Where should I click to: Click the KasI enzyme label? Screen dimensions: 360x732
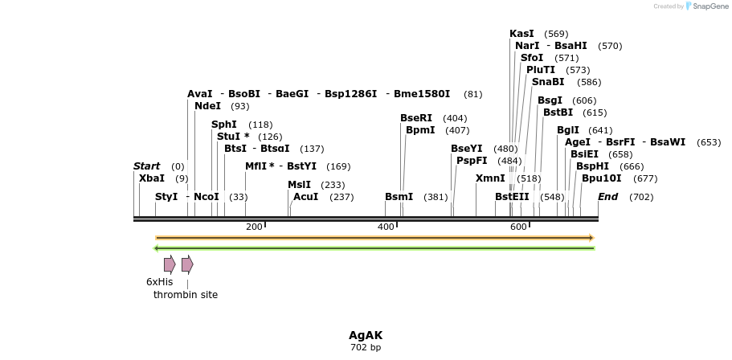[x=521, y=34]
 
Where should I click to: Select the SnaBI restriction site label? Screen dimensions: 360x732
[x=548, y=82]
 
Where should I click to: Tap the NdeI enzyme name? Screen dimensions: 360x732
[x=207, y=106]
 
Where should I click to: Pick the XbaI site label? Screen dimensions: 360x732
[x=152, y=178]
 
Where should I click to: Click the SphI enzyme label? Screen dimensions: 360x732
[x=224, y=125]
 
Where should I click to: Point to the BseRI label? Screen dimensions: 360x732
[x=416, y=118]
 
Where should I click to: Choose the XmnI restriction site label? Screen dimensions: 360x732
[x=490, y=178]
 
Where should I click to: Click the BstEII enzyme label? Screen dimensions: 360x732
[x=512, y=197]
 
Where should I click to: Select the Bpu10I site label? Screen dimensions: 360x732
[x=601, y=178]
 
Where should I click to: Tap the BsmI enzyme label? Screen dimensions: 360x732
[x=399, y=197]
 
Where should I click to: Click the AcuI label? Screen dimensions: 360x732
[x=306, y=197]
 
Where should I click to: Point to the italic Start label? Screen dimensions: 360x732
[x=147, y=166]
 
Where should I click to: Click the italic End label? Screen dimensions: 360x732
[x=608, y=197]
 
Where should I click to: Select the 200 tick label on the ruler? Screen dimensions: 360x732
[x=254, y=227]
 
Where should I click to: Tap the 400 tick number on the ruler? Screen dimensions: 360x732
[x=386, y=227]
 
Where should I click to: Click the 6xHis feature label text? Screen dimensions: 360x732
[x=159, y=282]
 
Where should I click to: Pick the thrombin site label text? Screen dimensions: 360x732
[x=186, y=295]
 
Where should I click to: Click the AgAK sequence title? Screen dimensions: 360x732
[x=366, y=335]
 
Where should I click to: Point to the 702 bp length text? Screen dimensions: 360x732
[x=366, y=348]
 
